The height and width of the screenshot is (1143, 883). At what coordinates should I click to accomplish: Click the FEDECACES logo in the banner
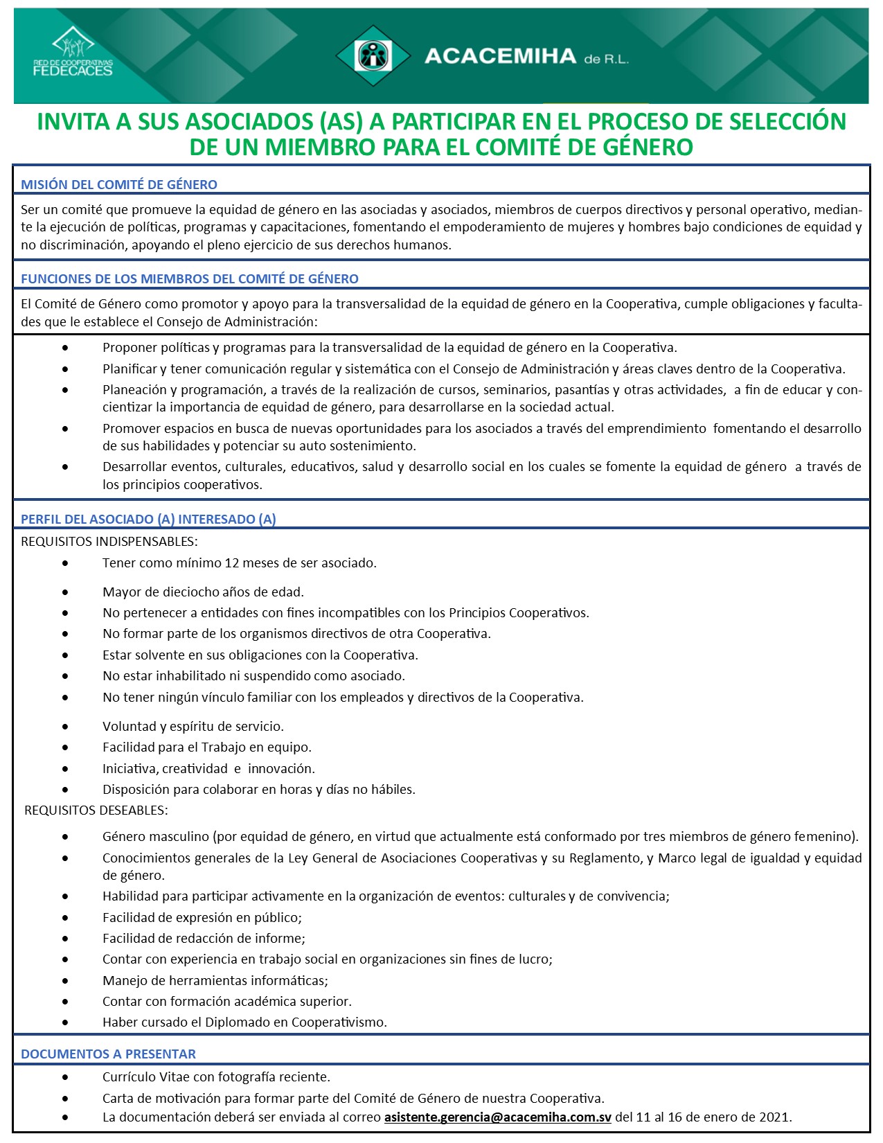click(x=73, y=53)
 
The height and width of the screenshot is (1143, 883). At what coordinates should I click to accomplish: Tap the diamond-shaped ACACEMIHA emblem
click(x=373, y=55)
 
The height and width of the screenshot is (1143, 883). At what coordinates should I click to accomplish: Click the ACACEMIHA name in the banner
click(x=500, y=56)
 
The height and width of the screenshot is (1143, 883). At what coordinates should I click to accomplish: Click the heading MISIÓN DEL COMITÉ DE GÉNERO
click(x=119, y=185)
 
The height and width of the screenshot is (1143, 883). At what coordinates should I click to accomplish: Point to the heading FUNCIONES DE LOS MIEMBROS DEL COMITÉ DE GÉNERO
click(x=190, y=279)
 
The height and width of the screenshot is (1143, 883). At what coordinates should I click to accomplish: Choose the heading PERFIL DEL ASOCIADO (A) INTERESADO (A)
click(x=148, y=520)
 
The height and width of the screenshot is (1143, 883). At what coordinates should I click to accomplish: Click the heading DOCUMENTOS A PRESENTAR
click(x=108, y=1054)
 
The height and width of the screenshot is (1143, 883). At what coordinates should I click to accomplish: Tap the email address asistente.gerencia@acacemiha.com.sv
click(x=498, y=1117)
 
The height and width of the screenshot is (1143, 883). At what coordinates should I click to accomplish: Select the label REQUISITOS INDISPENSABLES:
click(x=109, y=542)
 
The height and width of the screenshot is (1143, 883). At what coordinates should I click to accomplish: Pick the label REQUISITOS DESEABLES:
click(x=96, y=810)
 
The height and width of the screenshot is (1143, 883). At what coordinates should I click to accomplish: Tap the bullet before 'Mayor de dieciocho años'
click(x=65, y=592)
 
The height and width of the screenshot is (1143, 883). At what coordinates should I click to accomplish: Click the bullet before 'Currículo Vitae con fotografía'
click(x=65, y=1077)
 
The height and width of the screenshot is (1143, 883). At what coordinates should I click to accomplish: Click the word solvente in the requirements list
click(x=157, y=655)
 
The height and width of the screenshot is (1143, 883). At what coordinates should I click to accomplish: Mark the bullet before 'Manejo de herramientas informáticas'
click(x=65, y=981)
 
